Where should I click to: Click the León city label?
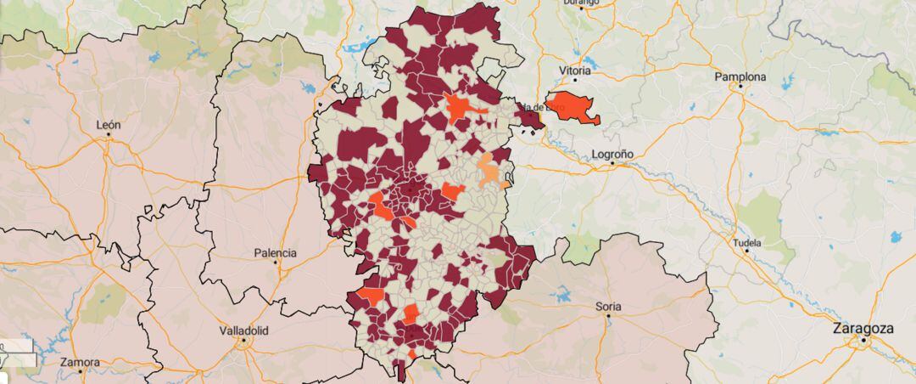(109, 125)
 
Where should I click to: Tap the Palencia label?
(276, 253)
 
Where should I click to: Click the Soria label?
(608, 306)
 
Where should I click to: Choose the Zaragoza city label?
(863, 328)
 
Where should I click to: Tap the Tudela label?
(748, 243)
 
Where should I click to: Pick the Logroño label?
(612, 155)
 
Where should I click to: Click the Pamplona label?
(740, 76)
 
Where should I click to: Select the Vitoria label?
(575, 71)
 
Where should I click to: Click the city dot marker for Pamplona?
(740, 86)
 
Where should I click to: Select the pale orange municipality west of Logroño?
(489, 172)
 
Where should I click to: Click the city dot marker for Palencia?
(276, 263)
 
